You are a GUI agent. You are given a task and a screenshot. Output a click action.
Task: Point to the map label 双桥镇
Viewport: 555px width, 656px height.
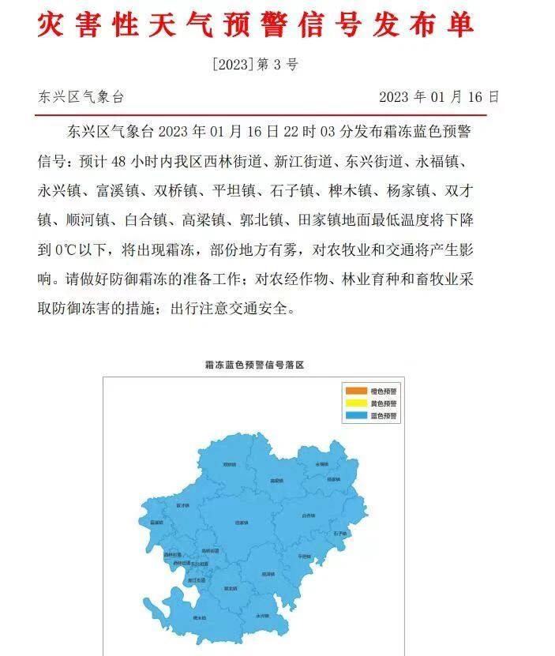tap(229, 465)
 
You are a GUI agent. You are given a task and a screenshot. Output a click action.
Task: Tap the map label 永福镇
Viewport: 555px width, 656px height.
tap(321, 464)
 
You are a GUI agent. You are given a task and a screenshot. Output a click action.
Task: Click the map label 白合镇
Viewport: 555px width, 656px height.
tap(308, 515)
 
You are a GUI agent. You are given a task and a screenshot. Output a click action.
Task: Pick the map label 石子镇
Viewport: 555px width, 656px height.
tap(340, 534)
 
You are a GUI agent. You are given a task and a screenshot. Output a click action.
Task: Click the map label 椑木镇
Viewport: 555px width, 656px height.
tap(198, 617)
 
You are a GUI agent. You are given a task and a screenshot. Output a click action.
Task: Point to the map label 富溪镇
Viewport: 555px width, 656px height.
tap(156, 522)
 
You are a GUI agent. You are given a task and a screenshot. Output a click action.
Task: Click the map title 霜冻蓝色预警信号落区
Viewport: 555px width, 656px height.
tap(254, 365)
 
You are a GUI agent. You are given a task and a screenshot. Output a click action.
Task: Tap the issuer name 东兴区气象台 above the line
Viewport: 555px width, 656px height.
tap(81, 97)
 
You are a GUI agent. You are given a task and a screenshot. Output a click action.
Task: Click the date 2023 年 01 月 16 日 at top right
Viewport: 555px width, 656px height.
tap(439, 97)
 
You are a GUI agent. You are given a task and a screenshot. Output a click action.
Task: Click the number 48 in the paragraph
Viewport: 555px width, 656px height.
tap(119, 162)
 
